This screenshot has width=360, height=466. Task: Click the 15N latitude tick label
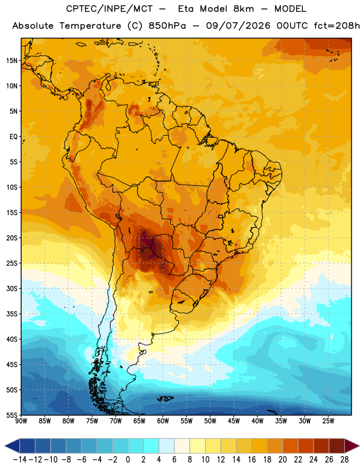click(x=12, y=61)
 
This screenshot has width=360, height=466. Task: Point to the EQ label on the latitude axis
click(x=13, y=137)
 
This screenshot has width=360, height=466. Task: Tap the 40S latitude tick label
click(x=12, y=340)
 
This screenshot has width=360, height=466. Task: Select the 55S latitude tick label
click(x=12, y=415)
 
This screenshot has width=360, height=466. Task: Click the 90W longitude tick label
click(x=22, y=421)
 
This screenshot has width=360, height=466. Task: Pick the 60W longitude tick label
click(x=163, y=421)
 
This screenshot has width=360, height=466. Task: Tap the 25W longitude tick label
click(x=328, y=421)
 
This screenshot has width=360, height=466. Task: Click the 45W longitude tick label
click(x=234, y=421)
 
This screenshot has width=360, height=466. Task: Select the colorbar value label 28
click(x=344, y=460)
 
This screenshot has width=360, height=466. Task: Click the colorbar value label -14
click(x=20, y=460)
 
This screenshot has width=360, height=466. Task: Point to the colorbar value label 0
click(x=128, y=460)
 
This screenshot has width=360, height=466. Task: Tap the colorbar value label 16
click(x=252, y=460)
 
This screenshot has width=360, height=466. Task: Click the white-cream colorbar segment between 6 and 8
click(x=182, y=446)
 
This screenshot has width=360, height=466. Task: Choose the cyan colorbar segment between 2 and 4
click(x=151, y=446)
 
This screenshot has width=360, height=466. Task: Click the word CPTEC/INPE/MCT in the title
click(x=109, y=9)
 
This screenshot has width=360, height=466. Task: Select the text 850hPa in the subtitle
click(x=167, y=26)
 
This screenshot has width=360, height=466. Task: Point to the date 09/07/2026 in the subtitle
click(x=238, y=26)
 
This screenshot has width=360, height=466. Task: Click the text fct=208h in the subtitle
click(x=337, y=26)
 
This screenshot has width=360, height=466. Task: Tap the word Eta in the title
click(x=186, y=9)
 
